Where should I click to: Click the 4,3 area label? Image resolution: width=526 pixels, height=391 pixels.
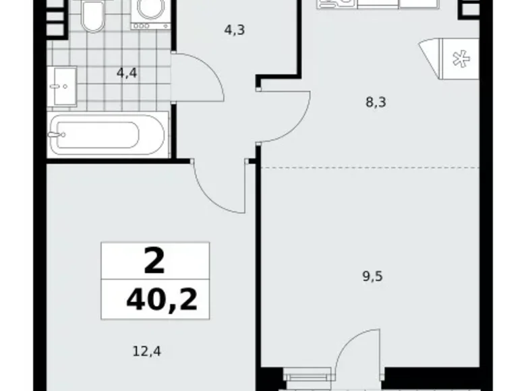pos(234,30)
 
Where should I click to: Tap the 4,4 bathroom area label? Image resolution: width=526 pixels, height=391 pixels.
pos(127,73)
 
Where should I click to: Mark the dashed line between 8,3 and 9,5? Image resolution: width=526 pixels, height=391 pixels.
pos(378,166)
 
